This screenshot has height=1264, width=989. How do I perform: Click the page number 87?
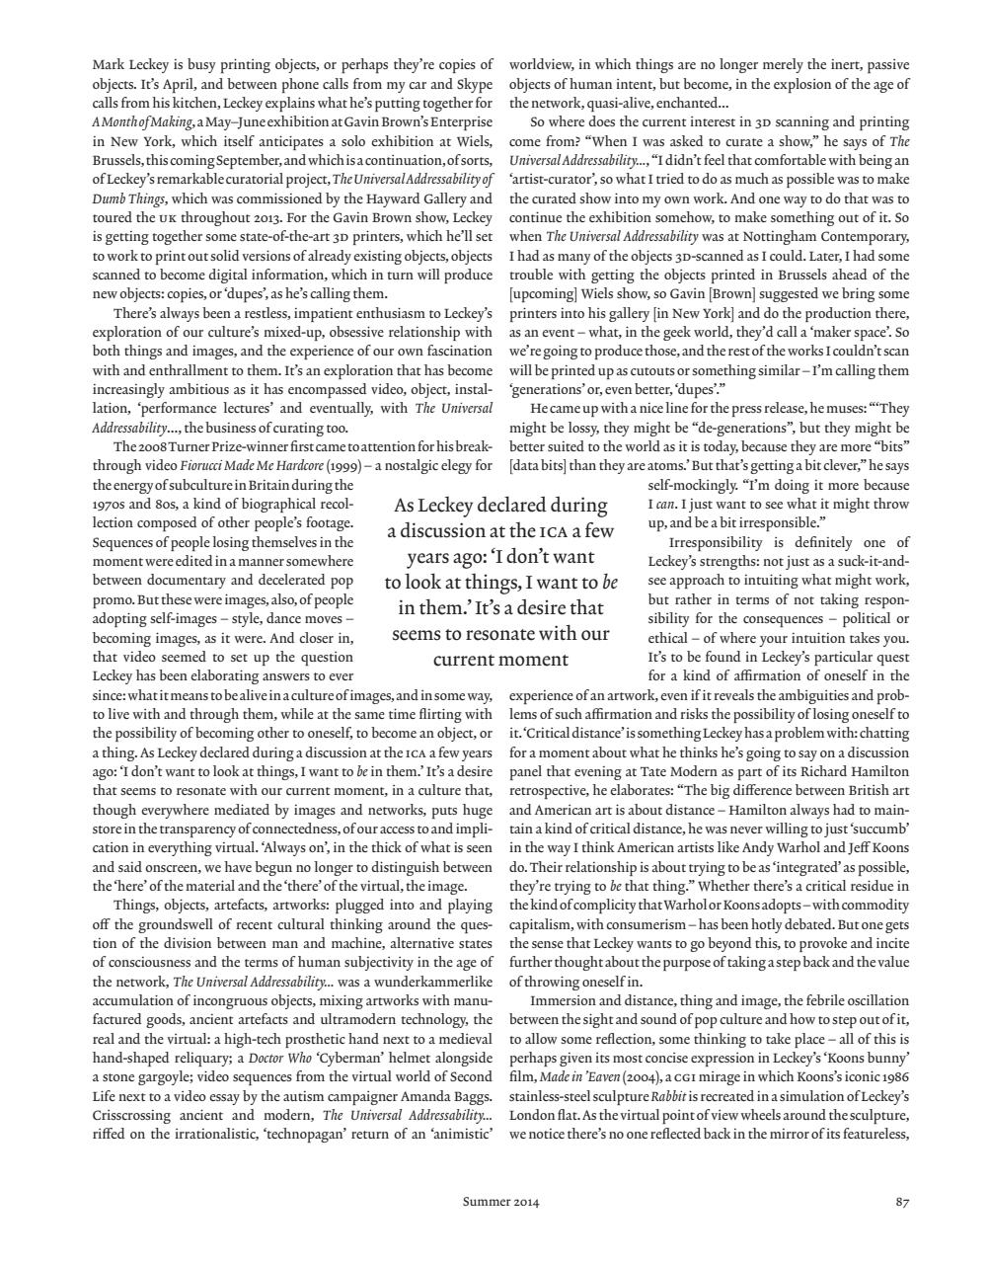(x=901, y=1202)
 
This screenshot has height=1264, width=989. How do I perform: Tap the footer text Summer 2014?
(x=501, y=1202)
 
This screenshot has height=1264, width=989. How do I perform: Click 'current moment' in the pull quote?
(x=500, y=659)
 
